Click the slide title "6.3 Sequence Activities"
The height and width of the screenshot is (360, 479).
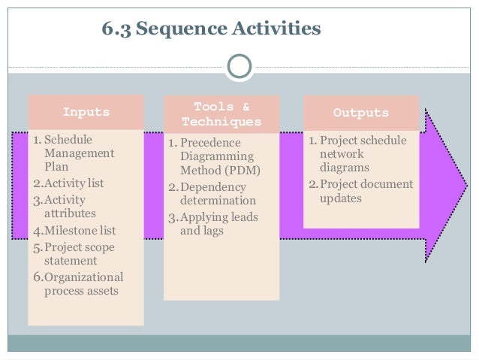(x=211, y=29)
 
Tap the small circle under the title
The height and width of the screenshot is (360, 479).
(x=239, y=66)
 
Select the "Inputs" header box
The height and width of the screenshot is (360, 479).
(x=86, y=113)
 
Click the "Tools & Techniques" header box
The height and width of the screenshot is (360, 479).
(x=221, y=113)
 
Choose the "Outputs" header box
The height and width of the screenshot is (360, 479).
(x=360, y=113)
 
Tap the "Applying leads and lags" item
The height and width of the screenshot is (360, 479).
(x=215, y=225)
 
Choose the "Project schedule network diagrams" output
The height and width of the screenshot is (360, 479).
(x=357, y=155)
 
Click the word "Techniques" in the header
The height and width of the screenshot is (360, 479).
(x=221, y=121)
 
